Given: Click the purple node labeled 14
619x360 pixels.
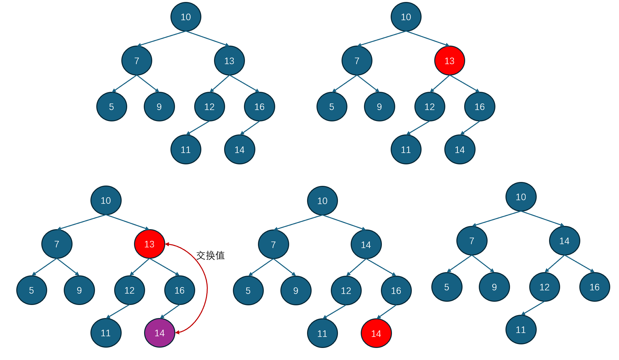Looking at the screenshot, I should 159,333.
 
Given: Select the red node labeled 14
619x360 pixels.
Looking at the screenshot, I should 376,333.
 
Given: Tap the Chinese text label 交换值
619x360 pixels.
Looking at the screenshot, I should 210,256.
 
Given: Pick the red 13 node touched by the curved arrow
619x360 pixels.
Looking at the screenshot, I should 149,244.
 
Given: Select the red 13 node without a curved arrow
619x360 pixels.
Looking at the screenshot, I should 449,61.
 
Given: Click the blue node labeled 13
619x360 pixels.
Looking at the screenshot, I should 229,61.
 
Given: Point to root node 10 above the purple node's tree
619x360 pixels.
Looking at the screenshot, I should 106,201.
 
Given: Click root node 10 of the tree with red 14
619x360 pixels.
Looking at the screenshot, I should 322,201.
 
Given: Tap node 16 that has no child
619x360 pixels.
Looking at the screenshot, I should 594,287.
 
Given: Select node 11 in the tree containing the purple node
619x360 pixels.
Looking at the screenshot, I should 106,333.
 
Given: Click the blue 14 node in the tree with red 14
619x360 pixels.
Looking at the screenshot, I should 366,245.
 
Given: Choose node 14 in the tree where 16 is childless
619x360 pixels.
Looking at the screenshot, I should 564,241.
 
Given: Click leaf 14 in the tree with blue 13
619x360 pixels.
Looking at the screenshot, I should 239,150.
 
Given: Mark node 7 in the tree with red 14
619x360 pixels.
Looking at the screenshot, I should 273,245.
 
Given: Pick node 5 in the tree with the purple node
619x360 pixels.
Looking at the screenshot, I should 32,290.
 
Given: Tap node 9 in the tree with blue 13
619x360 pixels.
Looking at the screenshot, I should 159,107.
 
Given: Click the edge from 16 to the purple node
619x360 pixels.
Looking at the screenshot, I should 170,311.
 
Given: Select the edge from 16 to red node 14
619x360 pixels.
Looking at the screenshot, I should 387,312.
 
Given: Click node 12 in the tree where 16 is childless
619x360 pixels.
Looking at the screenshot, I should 544,287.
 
